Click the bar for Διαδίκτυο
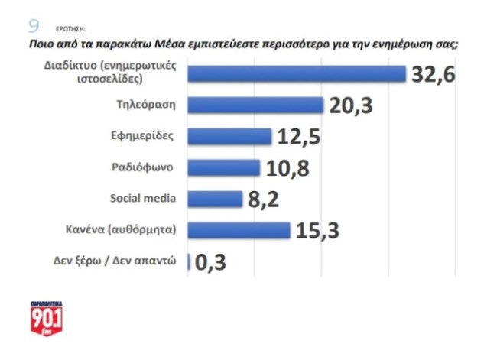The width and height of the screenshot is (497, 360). tap(297, 73)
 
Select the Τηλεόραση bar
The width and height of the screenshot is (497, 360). tap(255, 105)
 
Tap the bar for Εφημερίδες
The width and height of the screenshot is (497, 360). tap(229, 136)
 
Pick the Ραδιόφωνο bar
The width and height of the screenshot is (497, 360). tap(224, 167)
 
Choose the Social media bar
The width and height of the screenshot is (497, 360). tap(215, 199)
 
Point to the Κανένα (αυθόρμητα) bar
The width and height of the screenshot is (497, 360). tap(239, 230)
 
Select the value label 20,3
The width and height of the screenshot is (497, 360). tap(351, 105)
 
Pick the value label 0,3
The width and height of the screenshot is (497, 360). tap(210, 262)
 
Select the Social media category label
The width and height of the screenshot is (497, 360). tap(143, 199)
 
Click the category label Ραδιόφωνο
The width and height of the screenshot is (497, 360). tap(145, 167)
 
